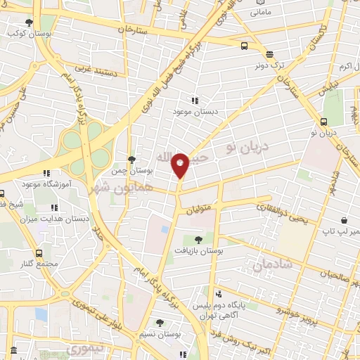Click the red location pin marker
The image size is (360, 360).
tap(181, 165)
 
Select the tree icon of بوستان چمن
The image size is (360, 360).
tap(131, 160)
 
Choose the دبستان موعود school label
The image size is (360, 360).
tap(195, 111)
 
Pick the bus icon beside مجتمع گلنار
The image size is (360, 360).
tap(37, 253)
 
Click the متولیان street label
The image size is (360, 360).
tap(199, 209)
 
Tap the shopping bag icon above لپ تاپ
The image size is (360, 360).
tap(342, 220)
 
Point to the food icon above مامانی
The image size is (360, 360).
tap(257, 2)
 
